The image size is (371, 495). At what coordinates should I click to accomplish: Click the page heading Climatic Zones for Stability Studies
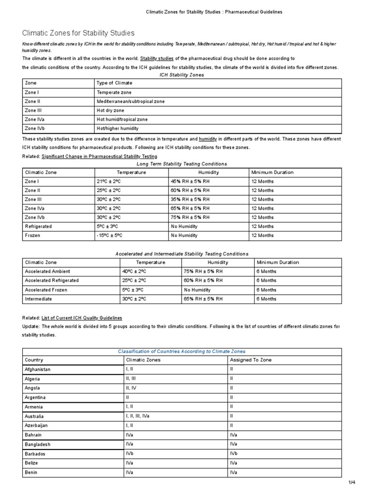tap(79, 33)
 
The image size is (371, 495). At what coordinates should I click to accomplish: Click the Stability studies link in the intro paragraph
tap(157, 58)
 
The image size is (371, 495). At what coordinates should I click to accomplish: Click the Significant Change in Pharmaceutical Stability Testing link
tap(99, 156)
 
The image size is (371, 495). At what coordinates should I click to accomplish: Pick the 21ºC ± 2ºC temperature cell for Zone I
tap(109, 181)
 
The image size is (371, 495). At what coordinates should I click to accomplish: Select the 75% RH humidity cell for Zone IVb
tap(190, 217)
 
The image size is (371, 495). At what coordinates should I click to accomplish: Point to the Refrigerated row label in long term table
tap(38, 226)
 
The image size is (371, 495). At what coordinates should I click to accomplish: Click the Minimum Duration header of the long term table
tap(272, 172)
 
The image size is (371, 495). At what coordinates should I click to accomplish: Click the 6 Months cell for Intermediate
tap(266, 299)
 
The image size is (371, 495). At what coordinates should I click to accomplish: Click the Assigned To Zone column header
tap(251, 360)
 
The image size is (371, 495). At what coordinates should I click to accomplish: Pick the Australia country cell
tap(34, 416)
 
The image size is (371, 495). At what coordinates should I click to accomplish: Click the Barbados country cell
tap(35, 453)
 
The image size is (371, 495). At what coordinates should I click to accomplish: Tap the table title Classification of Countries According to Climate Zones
tap(182, 351)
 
